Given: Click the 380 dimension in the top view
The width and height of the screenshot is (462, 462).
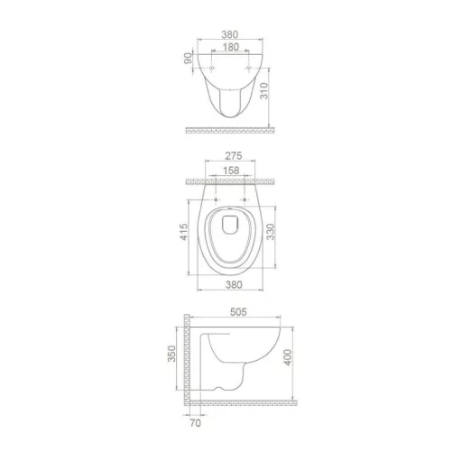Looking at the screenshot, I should (x=230, y=38).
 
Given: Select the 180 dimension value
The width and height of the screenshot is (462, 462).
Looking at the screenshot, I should (x=230, y=51).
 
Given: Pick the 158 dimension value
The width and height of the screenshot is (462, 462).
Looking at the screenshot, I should (x=230, y=171).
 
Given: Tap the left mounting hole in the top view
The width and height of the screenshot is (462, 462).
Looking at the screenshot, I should (x=212, y=69).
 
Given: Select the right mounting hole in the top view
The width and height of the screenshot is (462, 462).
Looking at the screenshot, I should (x=248, y=69).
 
